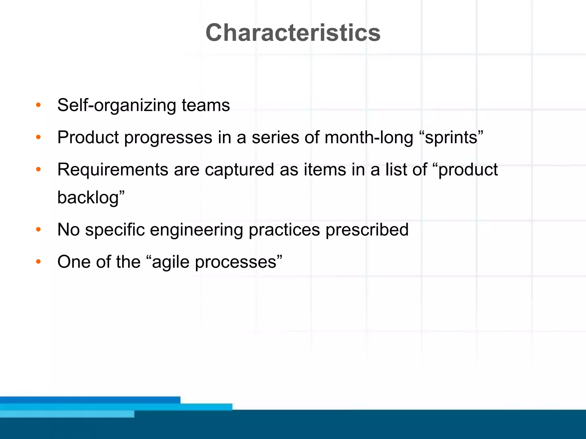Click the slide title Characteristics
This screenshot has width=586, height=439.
293,33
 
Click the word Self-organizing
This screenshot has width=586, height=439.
116,105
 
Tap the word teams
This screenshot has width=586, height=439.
206,105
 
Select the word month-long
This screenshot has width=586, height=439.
369,137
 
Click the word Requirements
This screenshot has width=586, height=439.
112,170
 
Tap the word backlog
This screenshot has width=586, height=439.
88,197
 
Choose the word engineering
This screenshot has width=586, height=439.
196,230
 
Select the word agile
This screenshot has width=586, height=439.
171,262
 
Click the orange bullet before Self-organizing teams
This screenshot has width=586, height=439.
38,105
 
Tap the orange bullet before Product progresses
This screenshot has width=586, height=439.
38,137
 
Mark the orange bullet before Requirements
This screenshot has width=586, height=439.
38,170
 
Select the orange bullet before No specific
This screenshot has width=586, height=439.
38,230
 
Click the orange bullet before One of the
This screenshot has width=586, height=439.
38,262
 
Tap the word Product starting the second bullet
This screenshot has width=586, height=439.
88,137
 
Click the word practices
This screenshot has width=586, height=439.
284,230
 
